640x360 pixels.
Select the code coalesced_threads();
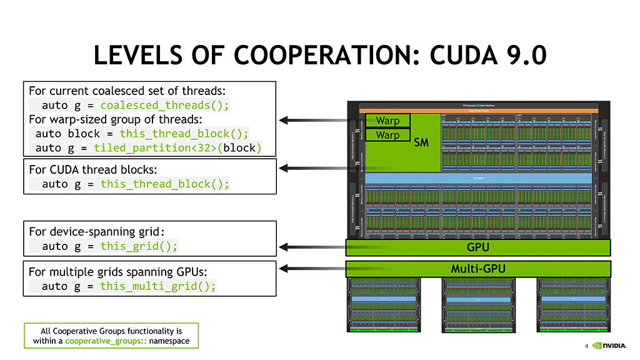164,105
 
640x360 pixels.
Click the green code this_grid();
139,246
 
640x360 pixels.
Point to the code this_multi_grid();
158,286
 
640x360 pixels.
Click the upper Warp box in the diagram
387,120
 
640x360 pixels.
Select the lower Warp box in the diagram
387,135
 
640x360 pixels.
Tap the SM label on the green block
421,143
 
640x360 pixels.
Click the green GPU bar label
478,247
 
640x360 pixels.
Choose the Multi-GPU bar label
478,269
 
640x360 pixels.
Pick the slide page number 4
586,346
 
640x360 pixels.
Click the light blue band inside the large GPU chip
478,178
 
